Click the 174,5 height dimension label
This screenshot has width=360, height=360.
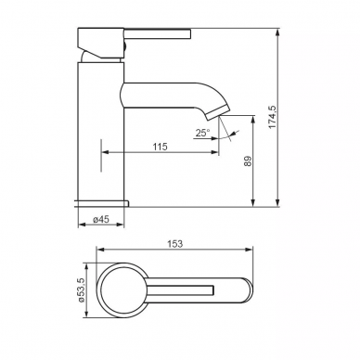pos(272,117)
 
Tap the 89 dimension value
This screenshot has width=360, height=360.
pos(248,161)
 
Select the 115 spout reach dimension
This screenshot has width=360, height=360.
pos(160,147)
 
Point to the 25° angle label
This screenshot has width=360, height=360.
pos(202,134)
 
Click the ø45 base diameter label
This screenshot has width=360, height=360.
pos(101,219)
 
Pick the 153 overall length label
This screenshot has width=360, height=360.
pos(175,244)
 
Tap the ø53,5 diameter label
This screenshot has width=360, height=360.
pos(81,290)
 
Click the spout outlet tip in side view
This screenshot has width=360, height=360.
pos(219,112)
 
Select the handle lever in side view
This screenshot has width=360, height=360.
pos(158,33)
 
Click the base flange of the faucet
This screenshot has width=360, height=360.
pos(102,203)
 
